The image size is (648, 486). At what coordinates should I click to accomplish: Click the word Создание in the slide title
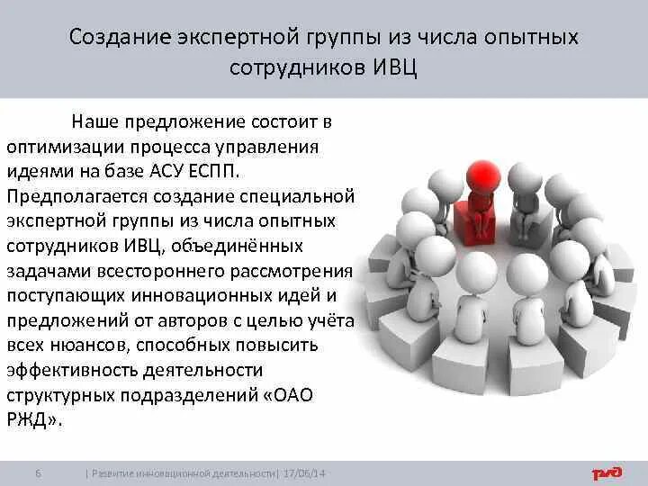coord(115,39)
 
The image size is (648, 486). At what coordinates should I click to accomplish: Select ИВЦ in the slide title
coord(396,67)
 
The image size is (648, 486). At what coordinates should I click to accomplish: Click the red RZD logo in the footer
coord(609,472)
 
